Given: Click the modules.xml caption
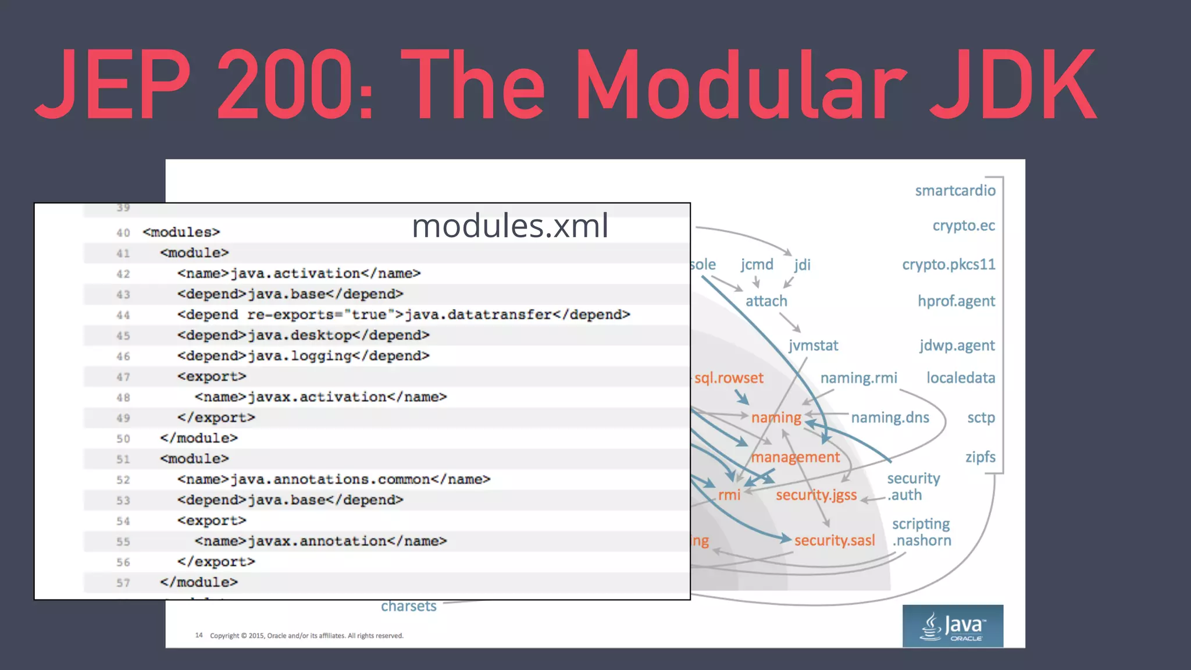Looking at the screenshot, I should tap(510, 226).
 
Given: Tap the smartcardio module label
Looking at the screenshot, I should tap(955, 191).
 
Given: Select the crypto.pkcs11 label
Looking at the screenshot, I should tap(948, 265).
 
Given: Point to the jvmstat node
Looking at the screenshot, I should tap(813, 345).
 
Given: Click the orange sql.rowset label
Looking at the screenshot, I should tap(729, 378).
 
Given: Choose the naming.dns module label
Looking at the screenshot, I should tap(890, 418).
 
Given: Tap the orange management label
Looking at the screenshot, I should tap(795, 457).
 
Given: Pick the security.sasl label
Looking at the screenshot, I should tap(834, 540).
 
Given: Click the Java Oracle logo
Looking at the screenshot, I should tap(953, 626).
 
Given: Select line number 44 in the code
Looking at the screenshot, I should tap(123, 315).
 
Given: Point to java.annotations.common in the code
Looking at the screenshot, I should tap(330, 479).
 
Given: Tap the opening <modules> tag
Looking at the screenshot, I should tap(181, 232).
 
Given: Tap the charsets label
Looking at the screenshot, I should tap(408, 606).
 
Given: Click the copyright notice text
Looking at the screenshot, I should tap(306, 636).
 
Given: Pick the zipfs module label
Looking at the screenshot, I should tap(980, 457).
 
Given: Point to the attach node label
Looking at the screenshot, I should tap(766, 301).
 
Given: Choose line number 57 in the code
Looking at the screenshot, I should tap(123, 583).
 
